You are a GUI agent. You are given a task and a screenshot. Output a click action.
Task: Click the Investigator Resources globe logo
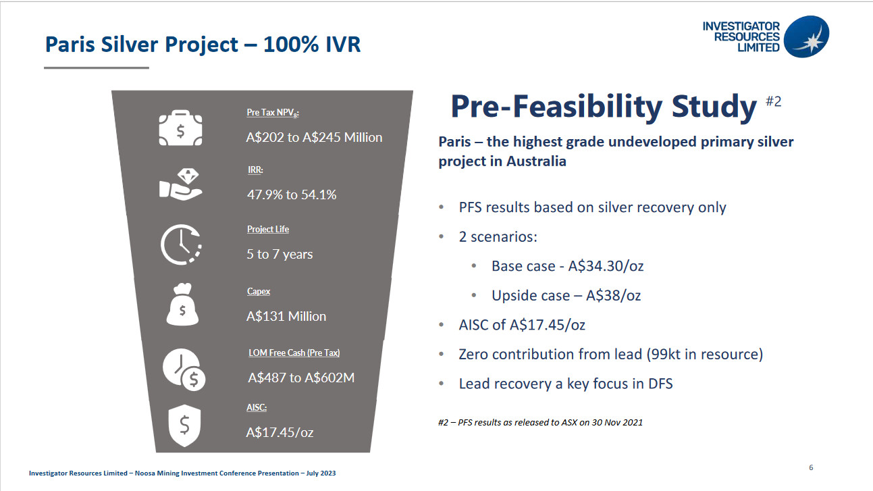pyautogui.click(x=806, y=36)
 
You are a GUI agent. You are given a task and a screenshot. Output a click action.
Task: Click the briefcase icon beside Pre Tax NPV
pyautogui.click(x=180, y=128)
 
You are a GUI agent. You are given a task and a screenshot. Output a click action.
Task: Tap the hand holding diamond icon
pyautogui.click(x=180, y=184)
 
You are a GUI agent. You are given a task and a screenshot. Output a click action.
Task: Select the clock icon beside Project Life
pyautogui.click(x=181, y=245)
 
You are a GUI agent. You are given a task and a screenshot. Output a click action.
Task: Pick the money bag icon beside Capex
pyautogui.click(x=182, y=304)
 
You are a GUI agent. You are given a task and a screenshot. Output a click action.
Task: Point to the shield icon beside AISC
pyautogui.click(x=184, y=425)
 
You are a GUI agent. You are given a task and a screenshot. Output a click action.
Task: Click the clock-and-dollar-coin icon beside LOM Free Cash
pyautogui.click(x=184, y=369)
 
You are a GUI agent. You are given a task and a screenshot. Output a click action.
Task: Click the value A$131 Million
pyautogui.click(x=286, y=316)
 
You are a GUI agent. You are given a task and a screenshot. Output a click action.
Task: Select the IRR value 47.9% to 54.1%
pyautogui.click(x=292, y=195)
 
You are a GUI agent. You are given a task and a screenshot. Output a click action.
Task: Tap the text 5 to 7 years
pyautogui.click(x=280, y=254)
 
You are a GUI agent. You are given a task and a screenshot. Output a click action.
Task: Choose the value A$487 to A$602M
pyautogui.click(x=301, y=378)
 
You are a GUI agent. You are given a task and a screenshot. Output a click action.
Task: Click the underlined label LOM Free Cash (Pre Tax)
pyautogui.click(x=294, y=353)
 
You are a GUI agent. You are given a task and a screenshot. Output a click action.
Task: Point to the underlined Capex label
pyautogui.click(x=259, y=291)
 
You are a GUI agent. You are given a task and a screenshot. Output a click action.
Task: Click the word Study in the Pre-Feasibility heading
pyautogui.click(x=714, y=107)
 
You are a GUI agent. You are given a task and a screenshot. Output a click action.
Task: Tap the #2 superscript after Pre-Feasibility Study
pyautogui.click(x=774, y=101)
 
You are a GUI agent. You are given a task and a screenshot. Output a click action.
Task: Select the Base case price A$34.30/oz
pyautogui.click(x=606, y=266)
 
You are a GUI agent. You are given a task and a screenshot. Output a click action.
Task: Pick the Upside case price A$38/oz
pyautogui.click(x=614, y=296)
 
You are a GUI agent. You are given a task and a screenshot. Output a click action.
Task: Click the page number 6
pyautogui.click(x=811, y=467)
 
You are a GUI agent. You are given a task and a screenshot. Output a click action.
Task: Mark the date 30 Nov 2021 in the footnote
pyautogui.click(x=617, y=422)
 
